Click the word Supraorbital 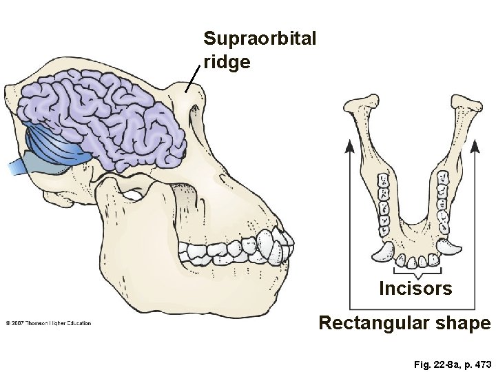(x=260, y=38)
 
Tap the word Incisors (x=415, y=289)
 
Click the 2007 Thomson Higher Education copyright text (x=48, y=323)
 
